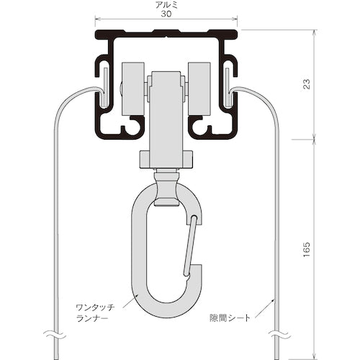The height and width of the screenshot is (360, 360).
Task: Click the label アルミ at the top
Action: (x=166, y=4)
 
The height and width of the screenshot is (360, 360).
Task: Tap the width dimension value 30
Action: (x=166, y=13)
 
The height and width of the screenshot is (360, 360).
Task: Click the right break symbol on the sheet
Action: (x=277, y=334)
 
